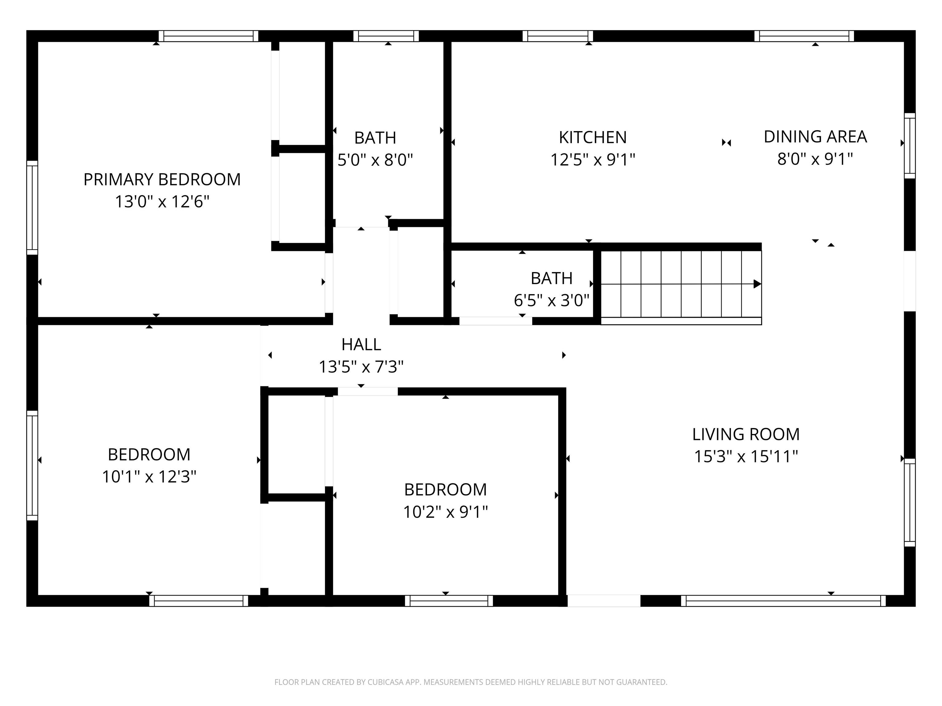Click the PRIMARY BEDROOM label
[x=162, y=180]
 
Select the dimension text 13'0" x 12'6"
[x=162, y=202]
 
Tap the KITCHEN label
[x=592, y=138]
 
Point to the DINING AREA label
[x=815, y=137]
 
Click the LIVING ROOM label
[x=746, y=435]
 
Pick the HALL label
[x=361, y=344]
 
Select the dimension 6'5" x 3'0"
[x=551, y=300]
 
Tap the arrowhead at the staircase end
[x=757, y=284]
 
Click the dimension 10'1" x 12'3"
[x=149, y=476]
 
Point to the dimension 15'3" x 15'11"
[x=746, y=457]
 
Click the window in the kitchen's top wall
[x=558, y=36]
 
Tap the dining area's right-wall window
[x=909, y=146]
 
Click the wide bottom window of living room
[x=783, y=601]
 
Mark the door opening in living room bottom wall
[x=604, y=601]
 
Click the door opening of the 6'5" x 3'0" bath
[x=495, y=321]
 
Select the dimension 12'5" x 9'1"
[x=592, y=160]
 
